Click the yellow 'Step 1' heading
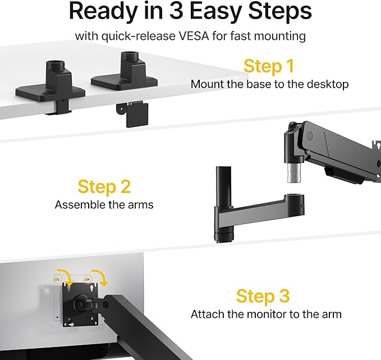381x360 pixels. click(268, 66)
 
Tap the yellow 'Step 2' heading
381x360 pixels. click(104, 186)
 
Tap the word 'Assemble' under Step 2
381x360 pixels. click(77, 204)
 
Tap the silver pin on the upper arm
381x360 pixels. click(292, 172)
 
